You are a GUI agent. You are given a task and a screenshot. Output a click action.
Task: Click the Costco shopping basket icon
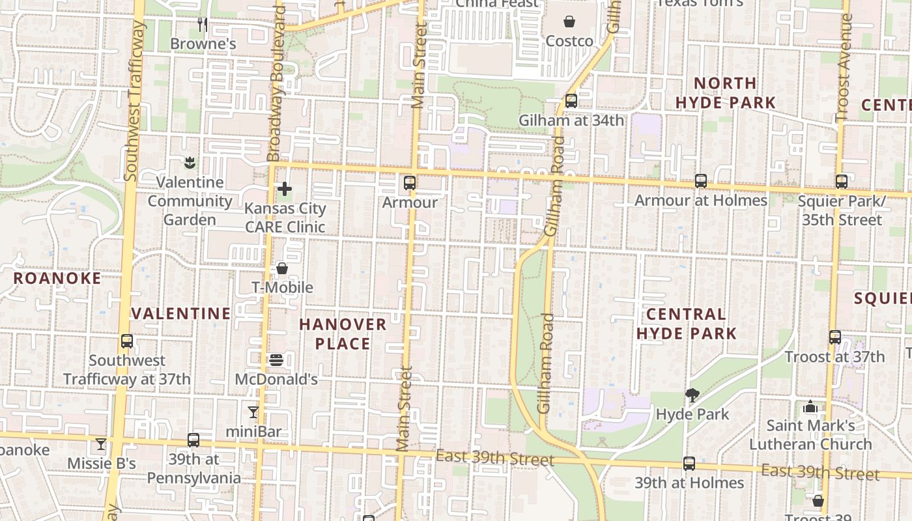click(x=569, y=22)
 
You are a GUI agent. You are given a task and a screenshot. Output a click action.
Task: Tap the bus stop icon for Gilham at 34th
click(x=571, y=100)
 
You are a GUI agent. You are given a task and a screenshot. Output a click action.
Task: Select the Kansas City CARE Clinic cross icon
click(x=285, y=190)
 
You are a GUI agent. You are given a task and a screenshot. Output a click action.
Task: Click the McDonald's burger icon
click(x=276, y=359)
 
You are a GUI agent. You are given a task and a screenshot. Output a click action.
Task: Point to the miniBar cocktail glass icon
click(x=253, y=412)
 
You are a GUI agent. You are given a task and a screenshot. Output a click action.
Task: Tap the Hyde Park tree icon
click(x=692, y=395)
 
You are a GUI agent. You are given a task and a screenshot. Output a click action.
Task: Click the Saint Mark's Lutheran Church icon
click(x=810, y=407)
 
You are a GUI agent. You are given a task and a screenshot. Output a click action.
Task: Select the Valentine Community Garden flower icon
click(x=190, y=162)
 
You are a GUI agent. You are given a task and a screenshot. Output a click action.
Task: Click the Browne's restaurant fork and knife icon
click(x=203, y=25)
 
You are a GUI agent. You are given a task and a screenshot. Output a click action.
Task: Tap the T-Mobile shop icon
click(x=282, y=268)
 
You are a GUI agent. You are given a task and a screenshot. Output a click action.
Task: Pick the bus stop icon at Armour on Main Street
click(x=409, y=183)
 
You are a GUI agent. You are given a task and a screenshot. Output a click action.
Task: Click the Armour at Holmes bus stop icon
click(x=701, y=181)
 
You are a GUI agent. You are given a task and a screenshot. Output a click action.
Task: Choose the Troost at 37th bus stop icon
click(x=835, y=337)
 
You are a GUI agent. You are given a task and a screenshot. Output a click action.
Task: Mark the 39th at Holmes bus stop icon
click(x=689, y=464)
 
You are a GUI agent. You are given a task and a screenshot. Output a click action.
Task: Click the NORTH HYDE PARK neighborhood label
click(x=725, y=93)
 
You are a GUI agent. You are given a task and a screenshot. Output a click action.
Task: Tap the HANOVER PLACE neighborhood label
click(x=343, y=333)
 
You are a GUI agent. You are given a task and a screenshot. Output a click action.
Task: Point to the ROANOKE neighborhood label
click(x=57, y=279)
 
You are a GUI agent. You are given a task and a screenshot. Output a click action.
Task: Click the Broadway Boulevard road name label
click(x=277, y=85)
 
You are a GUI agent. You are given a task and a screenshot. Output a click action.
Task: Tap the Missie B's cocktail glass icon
click(x=100, y=444)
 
